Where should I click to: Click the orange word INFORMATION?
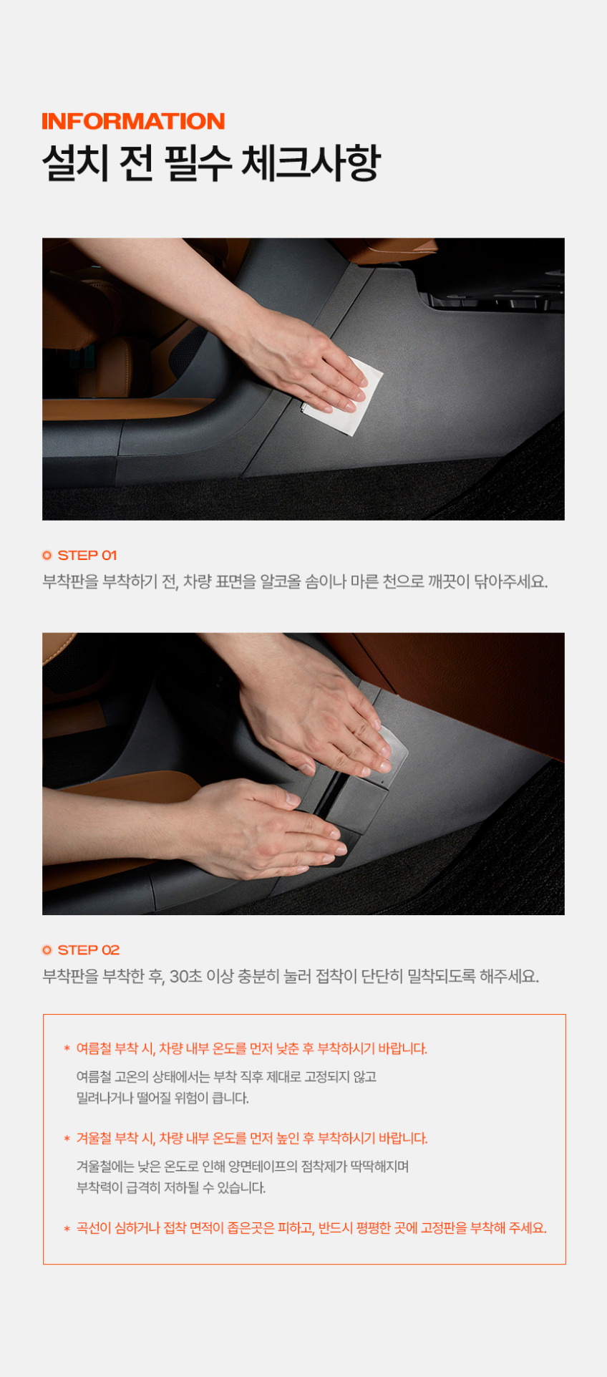click(133, 121)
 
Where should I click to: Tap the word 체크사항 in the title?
click(310, 163)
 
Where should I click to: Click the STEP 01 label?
click(87, 555)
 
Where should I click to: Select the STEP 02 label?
click(89, 950)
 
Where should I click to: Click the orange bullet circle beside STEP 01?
click(47, 555)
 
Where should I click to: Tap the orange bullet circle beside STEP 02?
click(47, 950)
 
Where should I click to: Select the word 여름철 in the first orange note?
click(94, 1048)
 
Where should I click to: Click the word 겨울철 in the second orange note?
click(94, 1138)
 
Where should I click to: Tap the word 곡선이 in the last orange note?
click(94, 1228)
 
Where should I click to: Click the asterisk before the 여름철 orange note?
click(67, 1049)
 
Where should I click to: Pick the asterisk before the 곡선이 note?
click(67, 1229)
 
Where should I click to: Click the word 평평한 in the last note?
click(374, 1228)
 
